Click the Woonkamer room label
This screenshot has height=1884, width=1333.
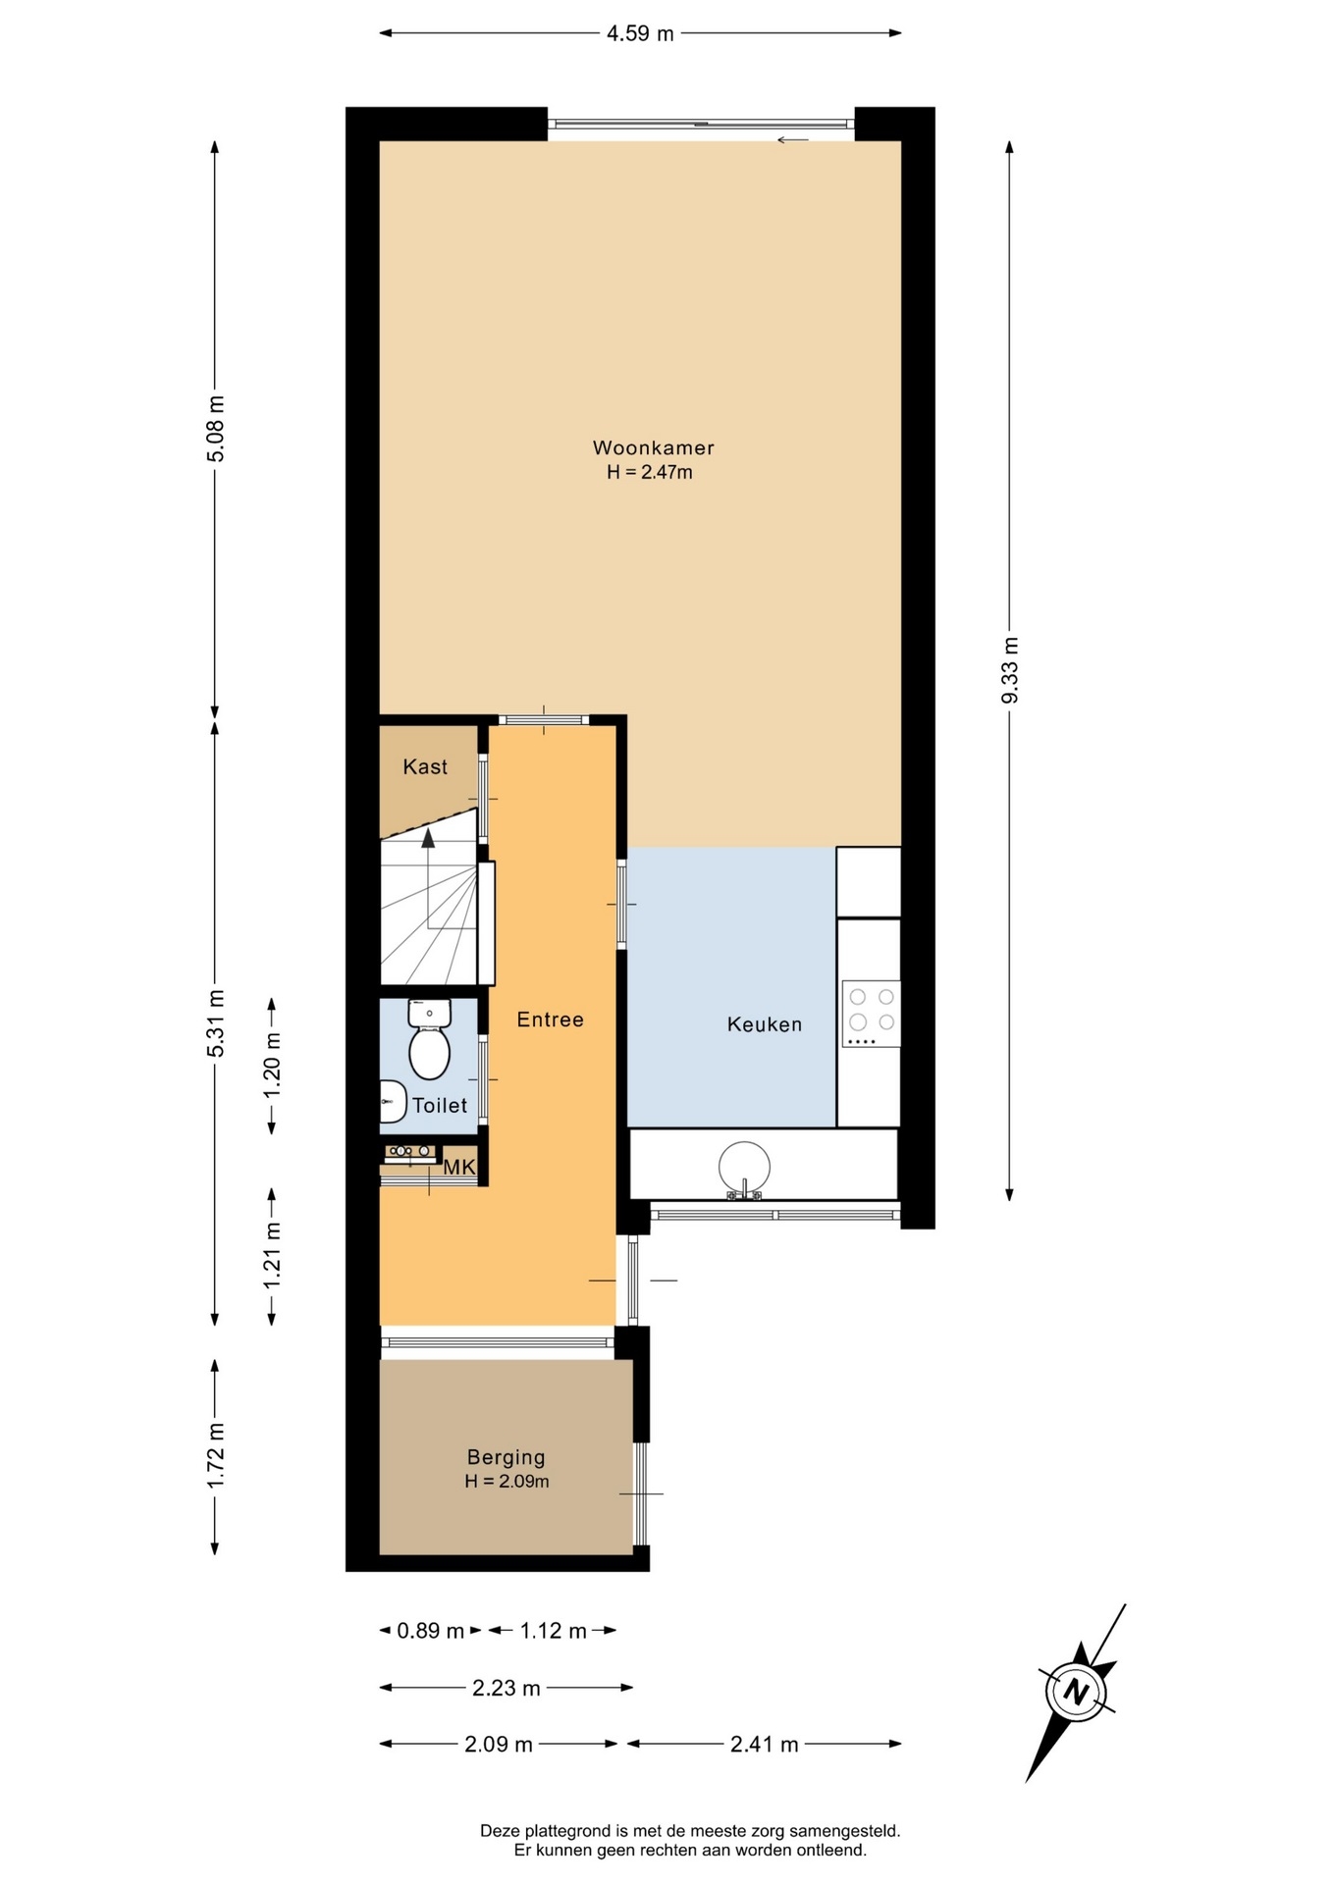tap(653, 447)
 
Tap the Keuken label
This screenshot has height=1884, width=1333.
tap(765, 1024)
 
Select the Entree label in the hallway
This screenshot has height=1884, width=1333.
tap(550, 1020)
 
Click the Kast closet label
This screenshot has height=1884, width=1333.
tap(425, 766)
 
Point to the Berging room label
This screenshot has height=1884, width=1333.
tap(506, 1457)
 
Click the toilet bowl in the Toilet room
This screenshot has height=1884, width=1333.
tap(429, 1040)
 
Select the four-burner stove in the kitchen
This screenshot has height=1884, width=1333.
tap(871, 1014)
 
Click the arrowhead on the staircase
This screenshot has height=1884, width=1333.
tap(428, 837)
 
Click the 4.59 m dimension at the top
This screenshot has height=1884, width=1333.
tap(640, 33)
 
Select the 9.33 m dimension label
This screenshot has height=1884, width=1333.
tap(1010, 670)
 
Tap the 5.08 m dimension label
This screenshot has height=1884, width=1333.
tap(216, 428)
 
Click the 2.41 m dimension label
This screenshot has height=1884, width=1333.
tap(764, 1744)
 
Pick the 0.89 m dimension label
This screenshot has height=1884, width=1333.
tap(430, 1631)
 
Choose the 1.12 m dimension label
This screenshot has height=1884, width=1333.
tap(553, 1631)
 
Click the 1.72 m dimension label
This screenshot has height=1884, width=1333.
tap(216, 1455)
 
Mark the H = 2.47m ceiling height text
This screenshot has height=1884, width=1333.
tap(649, 472)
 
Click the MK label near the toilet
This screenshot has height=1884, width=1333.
tap(459, 1168)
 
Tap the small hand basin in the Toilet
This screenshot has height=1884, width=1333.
tap(392, 1102)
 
